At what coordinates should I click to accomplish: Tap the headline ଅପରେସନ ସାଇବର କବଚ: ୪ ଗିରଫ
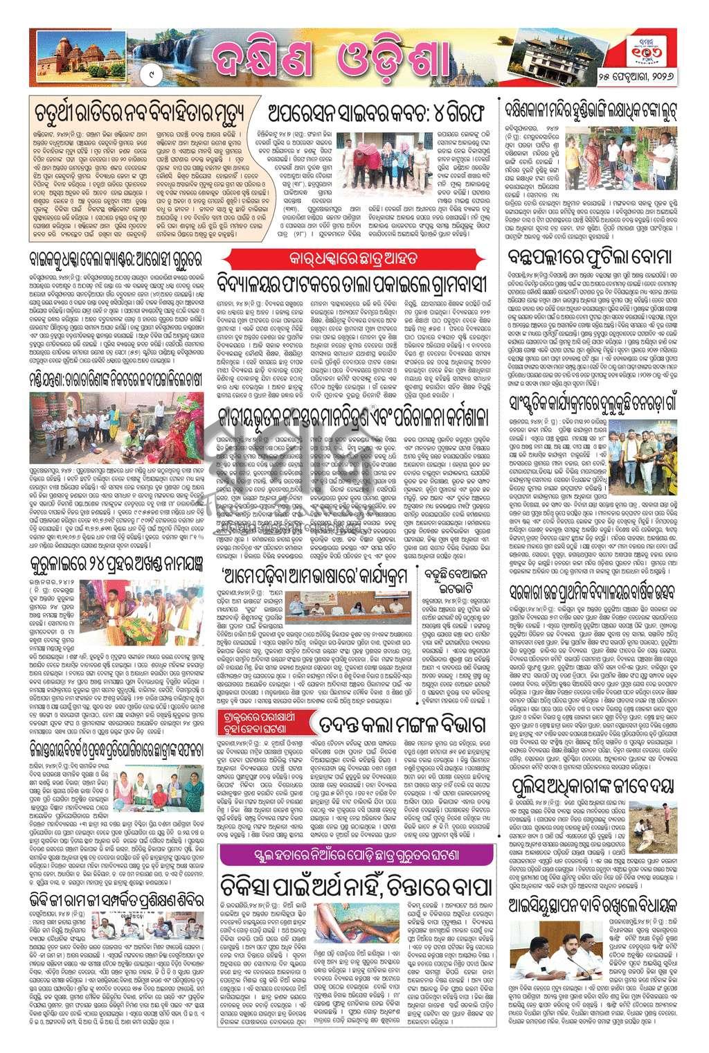click(x=378, y=113)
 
